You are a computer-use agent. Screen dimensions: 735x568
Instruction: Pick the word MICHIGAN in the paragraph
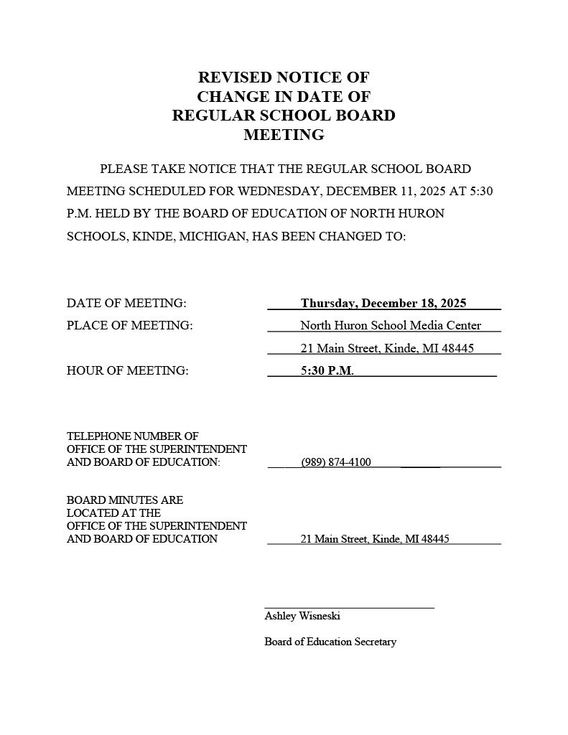[212, 236]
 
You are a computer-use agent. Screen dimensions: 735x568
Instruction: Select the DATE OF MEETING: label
[126, 304]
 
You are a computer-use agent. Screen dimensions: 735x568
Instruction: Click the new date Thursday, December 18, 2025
[383, 304]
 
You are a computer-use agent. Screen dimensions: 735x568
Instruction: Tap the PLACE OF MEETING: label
[129, 326]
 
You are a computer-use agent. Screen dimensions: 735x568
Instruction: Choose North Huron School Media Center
[391, 326]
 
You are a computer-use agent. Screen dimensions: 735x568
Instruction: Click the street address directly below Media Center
[386, 349]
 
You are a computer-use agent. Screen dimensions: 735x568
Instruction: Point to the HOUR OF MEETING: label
[127, 371]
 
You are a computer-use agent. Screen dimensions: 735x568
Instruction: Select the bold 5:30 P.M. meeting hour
[327, 371]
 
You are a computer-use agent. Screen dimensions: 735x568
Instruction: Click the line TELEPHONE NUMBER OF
[133, 436]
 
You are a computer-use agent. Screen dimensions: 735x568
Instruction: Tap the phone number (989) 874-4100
[336, 462]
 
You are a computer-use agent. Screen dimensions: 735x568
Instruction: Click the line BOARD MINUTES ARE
[125, 500]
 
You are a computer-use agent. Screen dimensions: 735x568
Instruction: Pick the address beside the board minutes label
[374, 539]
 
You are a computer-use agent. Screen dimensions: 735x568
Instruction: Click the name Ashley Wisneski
[302, 617]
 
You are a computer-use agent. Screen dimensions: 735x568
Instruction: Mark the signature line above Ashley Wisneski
[349, 608]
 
